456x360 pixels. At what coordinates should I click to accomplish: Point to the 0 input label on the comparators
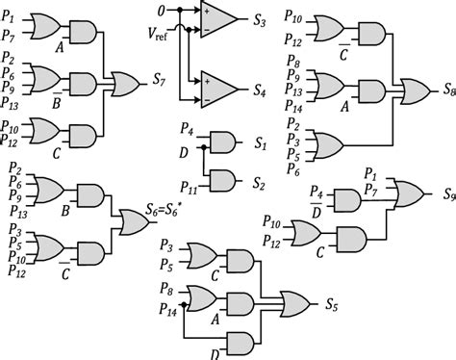(164, 11)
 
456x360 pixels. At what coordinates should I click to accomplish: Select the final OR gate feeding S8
(415, 90)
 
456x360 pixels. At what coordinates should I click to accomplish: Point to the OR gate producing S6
(132, 223)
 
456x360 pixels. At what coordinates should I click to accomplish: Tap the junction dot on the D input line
(201, 148)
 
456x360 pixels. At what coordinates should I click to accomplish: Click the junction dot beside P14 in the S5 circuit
(182, 308)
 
